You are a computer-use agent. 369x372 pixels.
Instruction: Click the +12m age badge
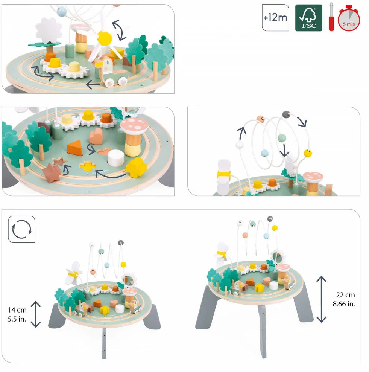[275, 18]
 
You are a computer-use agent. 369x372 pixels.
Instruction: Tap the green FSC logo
[308, 18]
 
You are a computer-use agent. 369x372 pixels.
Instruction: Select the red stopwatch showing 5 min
[349, 18]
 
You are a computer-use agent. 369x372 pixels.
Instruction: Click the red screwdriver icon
[331, 17]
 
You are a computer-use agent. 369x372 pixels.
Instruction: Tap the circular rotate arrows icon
[21, 229]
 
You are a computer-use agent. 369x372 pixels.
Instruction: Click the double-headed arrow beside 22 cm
[321, 299]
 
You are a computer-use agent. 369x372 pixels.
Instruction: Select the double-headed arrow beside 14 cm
[36, 314]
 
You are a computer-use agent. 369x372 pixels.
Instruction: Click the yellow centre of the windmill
[105, 38]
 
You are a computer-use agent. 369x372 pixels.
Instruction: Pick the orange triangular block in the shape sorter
[75, 148]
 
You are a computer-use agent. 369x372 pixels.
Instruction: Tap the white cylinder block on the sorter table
[115, 158]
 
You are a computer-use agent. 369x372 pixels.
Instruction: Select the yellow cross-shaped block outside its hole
[136, 167]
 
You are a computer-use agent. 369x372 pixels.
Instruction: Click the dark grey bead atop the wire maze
[286, 114]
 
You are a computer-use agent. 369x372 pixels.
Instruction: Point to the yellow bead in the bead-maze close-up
[308, 153]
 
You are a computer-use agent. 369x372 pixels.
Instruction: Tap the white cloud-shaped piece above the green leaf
[49, 30]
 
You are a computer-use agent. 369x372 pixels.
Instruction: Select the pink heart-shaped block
[96, 136]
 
